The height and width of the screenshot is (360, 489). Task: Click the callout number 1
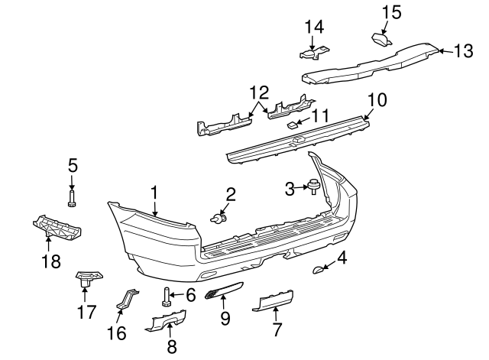click(x=154, y=192)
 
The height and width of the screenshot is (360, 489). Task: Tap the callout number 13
click(x=463, y=52)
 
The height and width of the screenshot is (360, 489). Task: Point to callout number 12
click(x=259, y=93)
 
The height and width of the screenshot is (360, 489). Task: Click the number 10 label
click(x=377, y=100)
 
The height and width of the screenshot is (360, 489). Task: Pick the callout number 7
click(x=276, y=330)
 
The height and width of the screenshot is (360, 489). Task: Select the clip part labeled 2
click(x=219, y=219)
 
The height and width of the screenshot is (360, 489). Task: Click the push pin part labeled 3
click(x=313, y=184)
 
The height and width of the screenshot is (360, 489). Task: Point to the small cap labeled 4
click(x=319, y=268)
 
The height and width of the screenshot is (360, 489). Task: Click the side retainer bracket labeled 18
click(x=57, y=227)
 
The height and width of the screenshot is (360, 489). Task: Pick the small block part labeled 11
click(x=292, y=124)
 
